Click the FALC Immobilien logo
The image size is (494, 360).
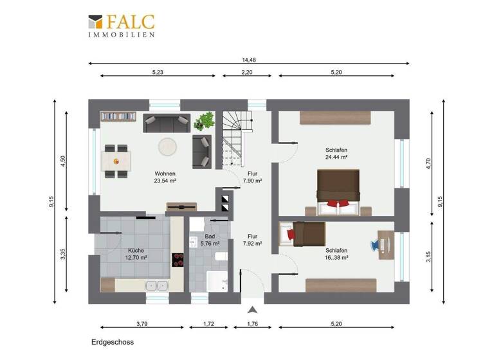point(122,25)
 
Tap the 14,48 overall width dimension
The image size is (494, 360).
point(249,60)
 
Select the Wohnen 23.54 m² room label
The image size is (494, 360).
point(165,177)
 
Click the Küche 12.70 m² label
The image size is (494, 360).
point(136,254)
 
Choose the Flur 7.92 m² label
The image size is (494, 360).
point(252,240)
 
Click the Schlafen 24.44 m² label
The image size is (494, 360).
point(336,153)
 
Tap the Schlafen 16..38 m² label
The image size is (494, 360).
point(336,254)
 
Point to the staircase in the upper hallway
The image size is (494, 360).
point(235,138)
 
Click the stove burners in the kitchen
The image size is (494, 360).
point(177,260)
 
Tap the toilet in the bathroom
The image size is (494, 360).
point(221,257)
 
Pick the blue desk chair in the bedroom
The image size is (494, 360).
point(376,244)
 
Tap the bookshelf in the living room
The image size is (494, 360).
point(118,117)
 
